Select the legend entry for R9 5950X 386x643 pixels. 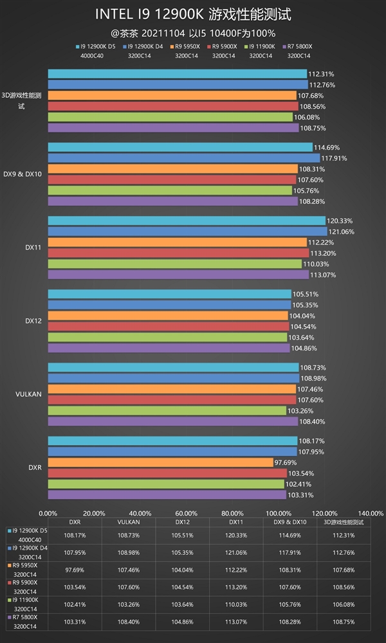pyautogui.click(x=187, y=46)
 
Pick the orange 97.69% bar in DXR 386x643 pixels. pyautogui.click(x=160, y=462)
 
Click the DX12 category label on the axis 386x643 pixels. pyautogui.click(x=33, y=320)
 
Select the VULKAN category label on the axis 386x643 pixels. pyautogui.click(x=30, y=394)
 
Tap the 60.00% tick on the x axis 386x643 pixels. pyautogui.click(x=186, y=513)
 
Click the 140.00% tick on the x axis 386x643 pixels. pyautogui.click(x=370, y=513)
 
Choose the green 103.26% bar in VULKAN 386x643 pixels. pyautogui.click(x=167, y=410)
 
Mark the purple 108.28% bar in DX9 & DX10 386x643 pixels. pyautogui.click(x=172, y=201)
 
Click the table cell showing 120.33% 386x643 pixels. pyautogui.click(x=232, y=534)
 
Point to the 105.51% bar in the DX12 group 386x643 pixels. pyautogui.click(x=169, y=294)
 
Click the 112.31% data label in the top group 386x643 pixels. pyautogui.click(x=322, y=73)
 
